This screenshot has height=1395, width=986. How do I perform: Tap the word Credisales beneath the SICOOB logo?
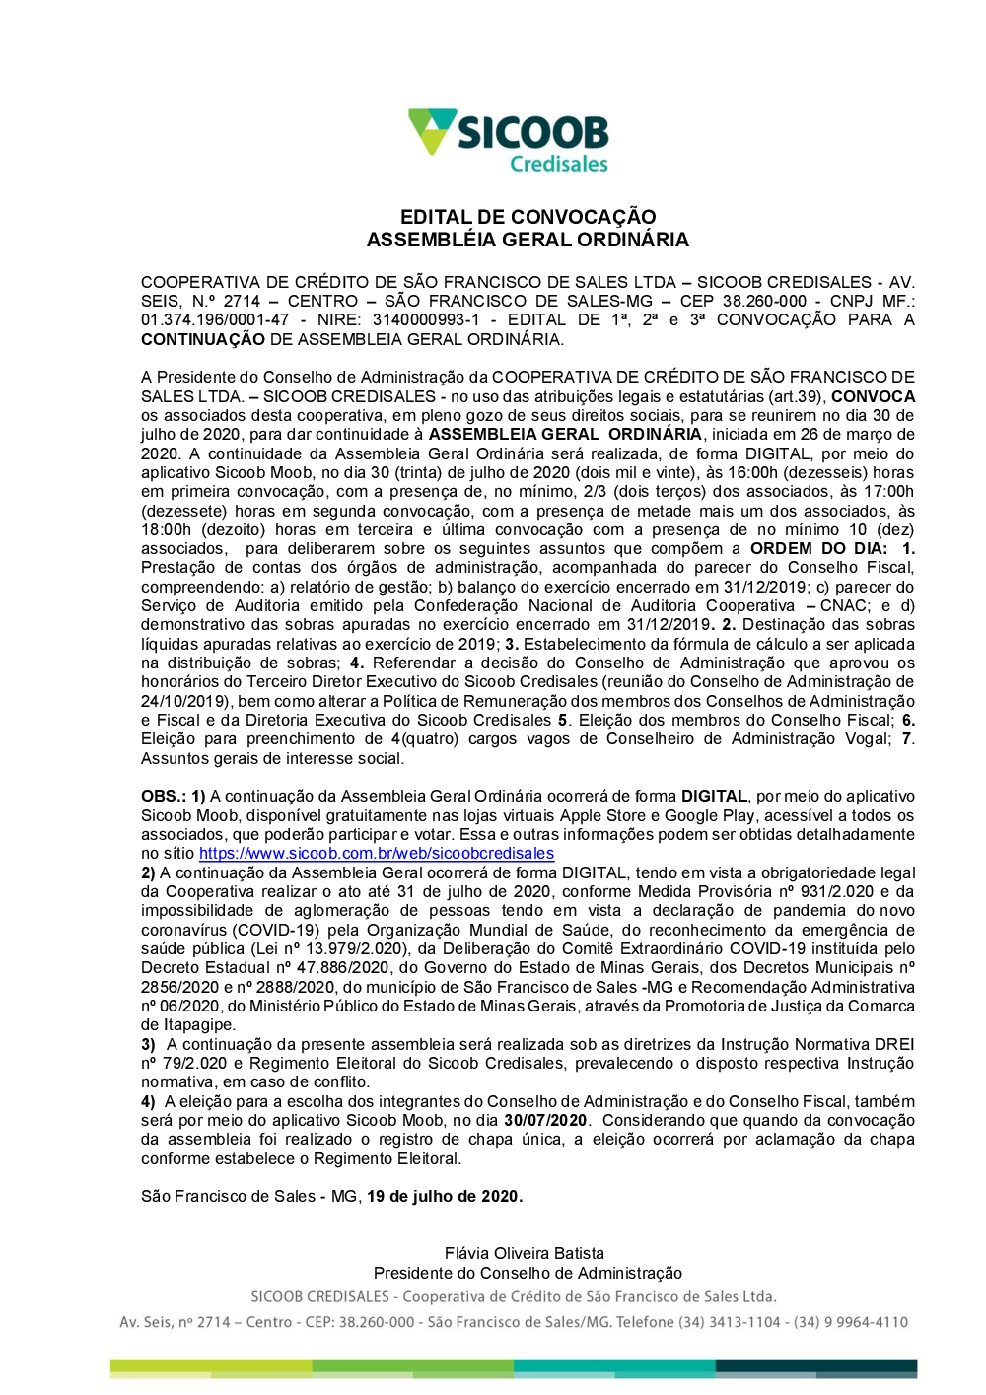click(x=558, y=164)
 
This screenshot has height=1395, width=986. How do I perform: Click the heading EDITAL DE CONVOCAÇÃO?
click(x=528, y=217)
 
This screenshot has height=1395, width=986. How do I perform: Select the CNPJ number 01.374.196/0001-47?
click(x=215, y=319)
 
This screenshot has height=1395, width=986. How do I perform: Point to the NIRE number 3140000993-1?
click(x=426, y=319)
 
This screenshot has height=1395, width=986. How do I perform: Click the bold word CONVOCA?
click(x=873, y=396)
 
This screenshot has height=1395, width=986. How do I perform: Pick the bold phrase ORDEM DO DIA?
click(x=818, y=548)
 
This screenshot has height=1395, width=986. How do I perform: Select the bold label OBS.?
click(x=163, y=796)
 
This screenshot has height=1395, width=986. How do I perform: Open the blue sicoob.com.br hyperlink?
click(x=377, y=853)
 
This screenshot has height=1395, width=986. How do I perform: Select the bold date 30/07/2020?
click(x=545, y=1120)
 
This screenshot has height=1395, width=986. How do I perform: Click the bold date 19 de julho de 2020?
click(x=444, y=1196)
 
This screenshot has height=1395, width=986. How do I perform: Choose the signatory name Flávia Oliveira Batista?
click(x=525, y=1253)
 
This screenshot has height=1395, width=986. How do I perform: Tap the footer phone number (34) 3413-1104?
click(x=729, y=1321)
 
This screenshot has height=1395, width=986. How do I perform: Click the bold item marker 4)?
click(x=148, y=1101)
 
